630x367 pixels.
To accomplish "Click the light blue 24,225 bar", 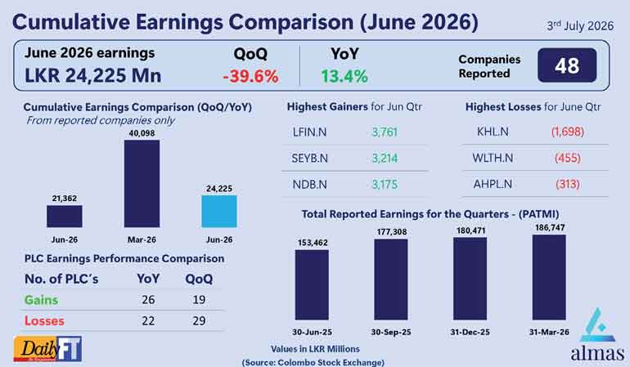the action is tap(219, 212).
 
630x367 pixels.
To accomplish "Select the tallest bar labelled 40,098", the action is tap(142, 183).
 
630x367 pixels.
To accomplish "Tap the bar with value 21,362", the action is tap(65, 217).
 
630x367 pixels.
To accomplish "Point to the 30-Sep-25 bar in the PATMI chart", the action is tap(391, 280).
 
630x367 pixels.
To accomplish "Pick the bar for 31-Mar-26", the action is tap(549, 277).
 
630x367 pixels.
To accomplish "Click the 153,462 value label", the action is tap(313, 243).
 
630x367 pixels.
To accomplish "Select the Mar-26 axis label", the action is tap(142, 239).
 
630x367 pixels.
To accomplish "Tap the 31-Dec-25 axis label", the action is tap(470, 332).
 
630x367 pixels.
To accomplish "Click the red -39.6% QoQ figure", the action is tap(250, 76).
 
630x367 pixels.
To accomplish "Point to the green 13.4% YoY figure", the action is tap(344, 76).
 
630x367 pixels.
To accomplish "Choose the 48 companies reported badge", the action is tap(567, 65).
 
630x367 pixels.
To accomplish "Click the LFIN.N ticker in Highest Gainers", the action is tap(309, 132).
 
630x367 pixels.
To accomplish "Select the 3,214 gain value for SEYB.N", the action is tap(385, 159).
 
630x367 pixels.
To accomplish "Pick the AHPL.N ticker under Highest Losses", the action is tap(493, 184).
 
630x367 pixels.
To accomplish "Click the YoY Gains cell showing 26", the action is tap(148, 299).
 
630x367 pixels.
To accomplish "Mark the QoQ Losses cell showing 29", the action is tap(199, 321).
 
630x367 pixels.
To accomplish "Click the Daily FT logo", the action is tap(47, 348).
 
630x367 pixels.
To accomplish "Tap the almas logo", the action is tap(597, 334).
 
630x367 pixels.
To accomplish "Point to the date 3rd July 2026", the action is tap(580, 25).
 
